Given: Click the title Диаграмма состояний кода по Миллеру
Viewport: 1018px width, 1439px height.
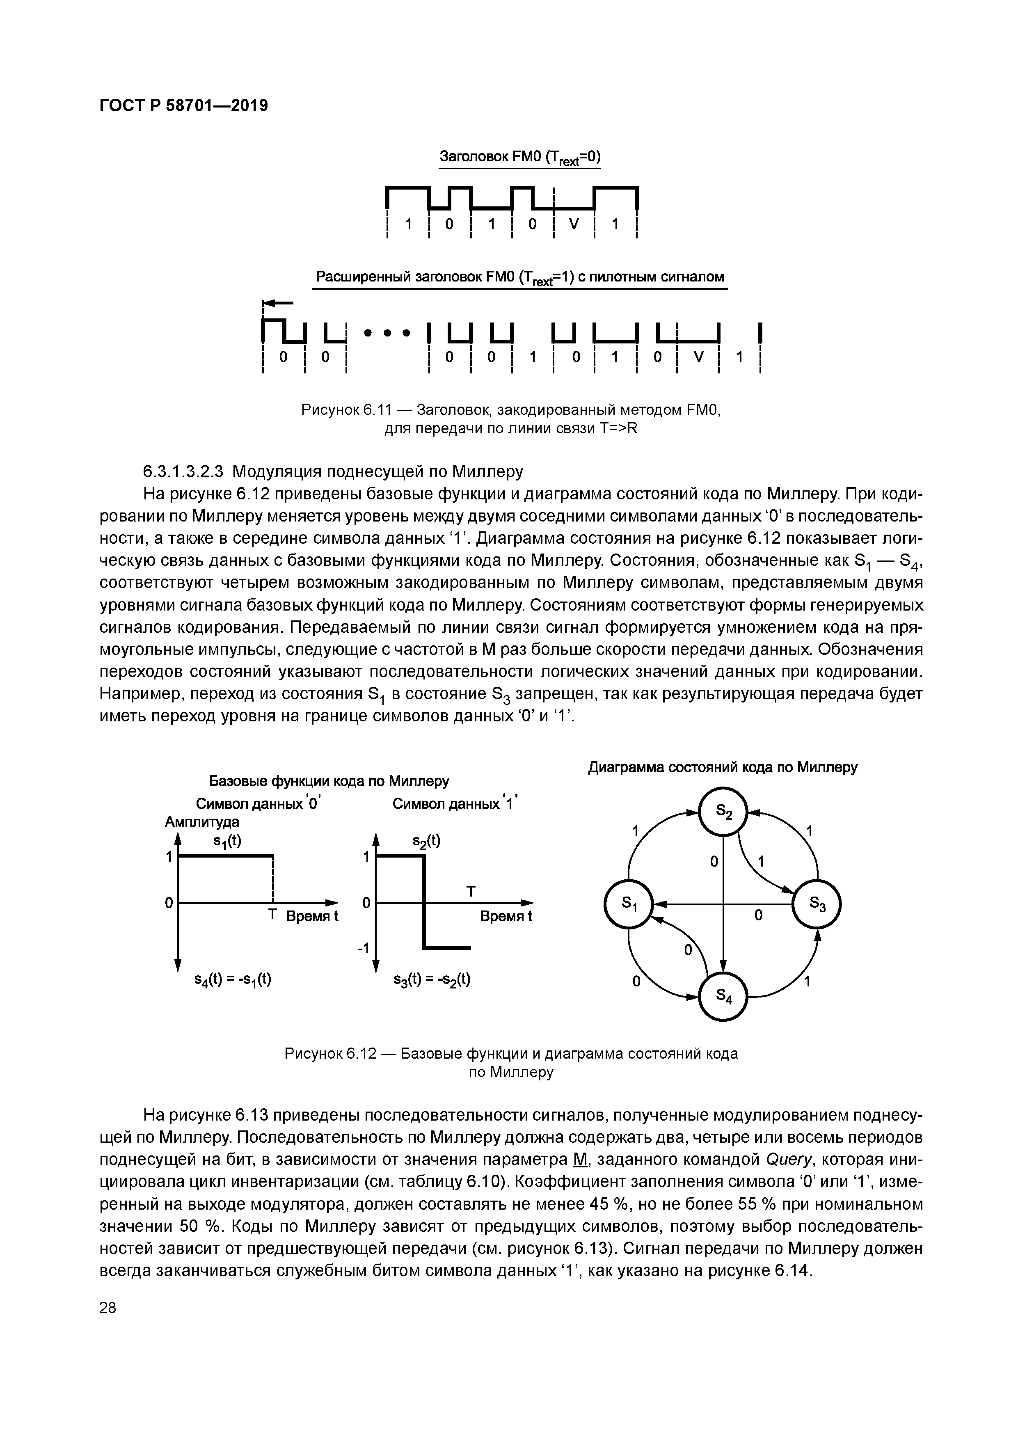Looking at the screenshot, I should [722, 767].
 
